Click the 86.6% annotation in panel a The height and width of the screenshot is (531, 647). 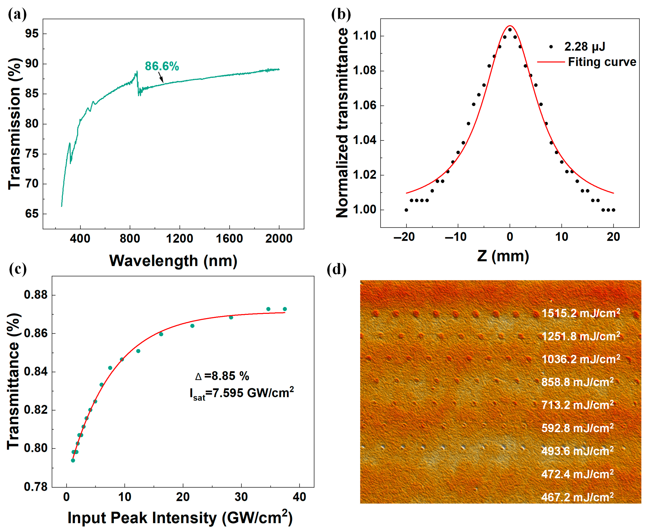click(162, 66)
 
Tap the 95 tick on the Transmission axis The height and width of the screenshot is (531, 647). click(32, 34)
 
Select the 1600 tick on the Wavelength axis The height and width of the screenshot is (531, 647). click(229, 239)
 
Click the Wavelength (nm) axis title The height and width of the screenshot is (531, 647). click(173, 261)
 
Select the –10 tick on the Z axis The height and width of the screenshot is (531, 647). click(456, 237)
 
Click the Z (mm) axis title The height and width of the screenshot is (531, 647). click(503, 256)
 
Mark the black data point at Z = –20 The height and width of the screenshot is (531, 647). click(406, 210)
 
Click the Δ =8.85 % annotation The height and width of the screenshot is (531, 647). click(222, 376)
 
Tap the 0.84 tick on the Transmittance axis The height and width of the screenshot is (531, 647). click(36, 372)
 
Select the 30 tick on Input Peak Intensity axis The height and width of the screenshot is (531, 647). click(241, 497)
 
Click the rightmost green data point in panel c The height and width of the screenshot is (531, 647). click(285, 309)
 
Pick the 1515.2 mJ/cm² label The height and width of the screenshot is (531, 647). click(580, 313)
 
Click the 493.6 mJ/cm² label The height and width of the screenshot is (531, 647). click(577, 451)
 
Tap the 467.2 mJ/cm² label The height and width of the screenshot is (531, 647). click(577, 497)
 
